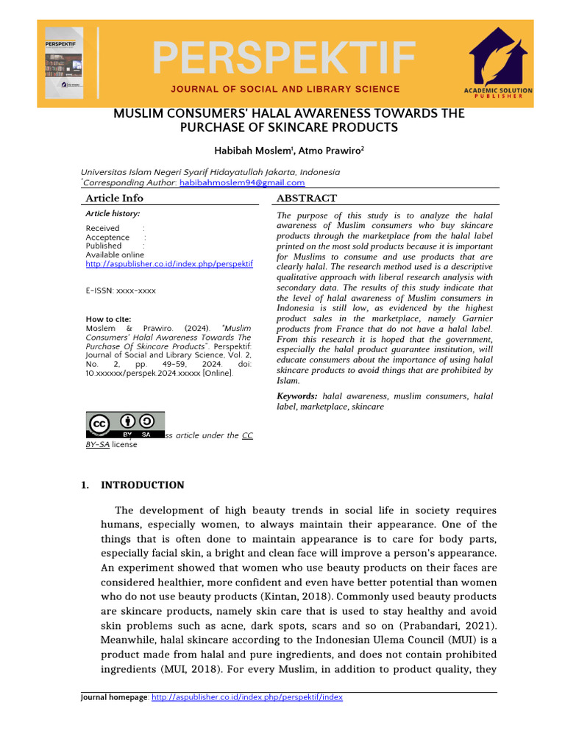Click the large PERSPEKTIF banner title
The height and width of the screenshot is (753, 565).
point(283,58)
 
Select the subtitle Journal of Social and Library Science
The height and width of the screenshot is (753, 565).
point(285,89)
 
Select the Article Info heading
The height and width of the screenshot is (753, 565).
point(114,198)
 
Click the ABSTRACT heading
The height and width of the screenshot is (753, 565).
point(307,198)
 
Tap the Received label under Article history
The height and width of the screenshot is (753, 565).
point(102,229)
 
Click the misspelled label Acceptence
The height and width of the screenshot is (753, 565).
point(107,238)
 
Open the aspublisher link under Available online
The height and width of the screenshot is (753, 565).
point(169,263)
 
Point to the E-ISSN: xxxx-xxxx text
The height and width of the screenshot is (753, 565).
point(121,290)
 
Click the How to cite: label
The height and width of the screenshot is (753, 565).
point(108,319)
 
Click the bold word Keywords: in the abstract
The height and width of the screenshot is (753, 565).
point(296,396)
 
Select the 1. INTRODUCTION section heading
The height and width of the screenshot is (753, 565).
point(132,485)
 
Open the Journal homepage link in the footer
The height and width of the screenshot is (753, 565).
point(246,697)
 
